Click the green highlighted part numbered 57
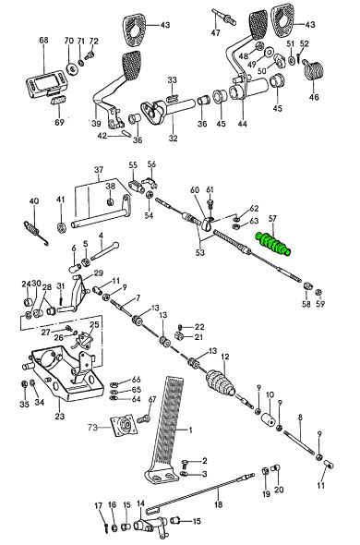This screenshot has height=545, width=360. pos(273,243)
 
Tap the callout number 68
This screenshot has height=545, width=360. pos(43,40)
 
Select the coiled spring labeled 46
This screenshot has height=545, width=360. pos(314,70)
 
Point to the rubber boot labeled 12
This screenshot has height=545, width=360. pos(221,383)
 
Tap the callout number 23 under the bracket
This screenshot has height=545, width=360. pos(60,416)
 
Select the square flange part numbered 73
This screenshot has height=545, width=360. pos(124,426)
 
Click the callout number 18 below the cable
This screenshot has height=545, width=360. pos(218,504)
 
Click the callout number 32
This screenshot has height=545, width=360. pos(173,139)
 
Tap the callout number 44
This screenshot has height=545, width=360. pos(243,124)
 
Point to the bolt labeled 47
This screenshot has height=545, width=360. pos(224,16)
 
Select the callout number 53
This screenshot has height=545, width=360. pos(199,252)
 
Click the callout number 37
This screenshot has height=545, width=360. pos(99,170)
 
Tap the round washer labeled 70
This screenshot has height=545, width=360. pos(72,69)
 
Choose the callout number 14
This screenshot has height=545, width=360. pos(140,503)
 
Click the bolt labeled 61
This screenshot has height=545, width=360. pos(210,205)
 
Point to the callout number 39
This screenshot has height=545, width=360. pos(96,123)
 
